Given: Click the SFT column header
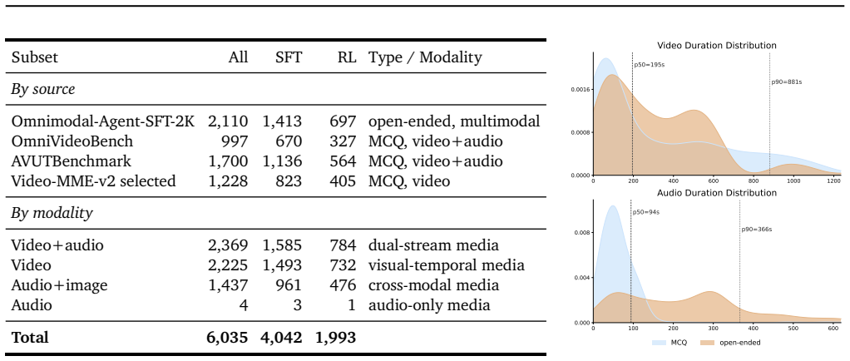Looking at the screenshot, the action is pos(289,57).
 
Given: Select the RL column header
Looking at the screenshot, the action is pos(347,57).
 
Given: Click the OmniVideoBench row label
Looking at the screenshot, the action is pos(72,141).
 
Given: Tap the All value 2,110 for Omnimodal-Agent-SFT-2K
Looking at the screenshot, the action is pos(228,122).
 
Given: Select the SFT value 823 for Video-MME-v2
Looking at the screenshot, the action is pos(289,181).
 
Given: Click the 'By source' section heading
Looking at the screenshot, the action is pos(43,90).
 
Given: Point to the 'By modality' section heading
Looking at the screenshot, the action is pos(52,214).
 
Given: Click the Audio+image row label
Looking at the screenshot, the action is pos(60,285).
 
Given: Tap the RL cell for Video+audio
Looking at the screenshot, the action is pos(343,245).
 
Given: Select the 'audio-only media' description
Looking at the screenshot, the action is pos(429,305).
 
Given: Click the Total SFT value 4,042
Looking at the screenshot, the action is pos(282,338).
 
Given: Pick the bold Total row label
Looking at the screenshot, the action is pos(30,338).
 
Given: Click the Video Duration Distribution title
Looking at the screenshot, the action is pos(717,46).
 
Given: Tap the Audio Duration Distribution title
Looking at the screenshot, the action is pos(717,193).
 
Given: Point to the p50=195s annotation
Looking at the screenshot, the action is pos(650,65).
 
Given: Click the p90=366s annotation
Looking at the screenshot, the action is pos(757,230).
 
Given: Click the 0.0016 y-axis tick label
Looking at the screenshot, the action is pos(580,90).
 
